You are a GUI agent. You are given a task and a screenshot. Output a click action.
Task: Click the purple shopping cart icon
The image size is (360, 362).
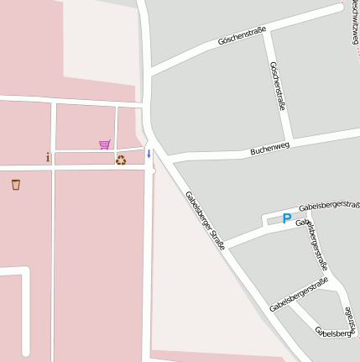click(104, 144)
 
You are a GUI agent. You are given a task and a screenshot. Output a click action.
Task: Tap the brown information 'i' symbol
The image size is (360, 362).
click(48, 157)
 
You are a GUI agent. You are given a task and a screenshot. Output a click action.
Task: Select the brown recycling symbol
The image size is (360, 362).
click(121, 160)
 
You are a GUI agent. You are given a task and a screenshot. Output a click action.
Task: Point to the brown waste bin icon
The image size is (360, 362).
click(16, 184)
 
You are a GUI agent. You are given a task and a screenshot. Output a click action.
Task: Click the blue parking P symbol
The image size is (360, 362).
click(286, 218)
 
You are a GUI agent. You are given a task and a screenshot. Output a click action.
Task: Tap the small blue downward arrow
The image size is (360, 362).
click(149, 154)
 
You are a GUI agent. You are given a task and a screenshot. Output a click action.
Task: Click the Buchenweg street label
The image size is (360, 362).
click(269, 150)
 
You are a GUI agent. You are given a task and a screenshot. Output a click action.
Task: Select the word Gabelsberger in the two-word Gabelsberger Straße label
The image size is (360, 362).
click(199, 207)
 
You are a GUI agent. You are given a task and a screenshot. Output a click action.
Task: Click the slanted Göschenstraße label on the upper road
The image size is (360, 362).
click(242, 35)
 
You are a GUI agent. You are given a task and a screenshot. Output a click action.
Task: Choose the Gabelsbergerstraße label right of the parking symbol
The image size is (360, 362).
click(329, 205)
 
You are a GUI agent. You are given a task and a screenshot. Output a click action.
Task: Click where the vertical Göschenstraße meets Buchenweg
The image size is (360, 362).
click(291, 140)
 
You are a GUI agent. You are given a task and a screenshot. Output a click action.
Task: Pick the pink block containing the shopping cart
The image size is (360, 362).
click(85, 126)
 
